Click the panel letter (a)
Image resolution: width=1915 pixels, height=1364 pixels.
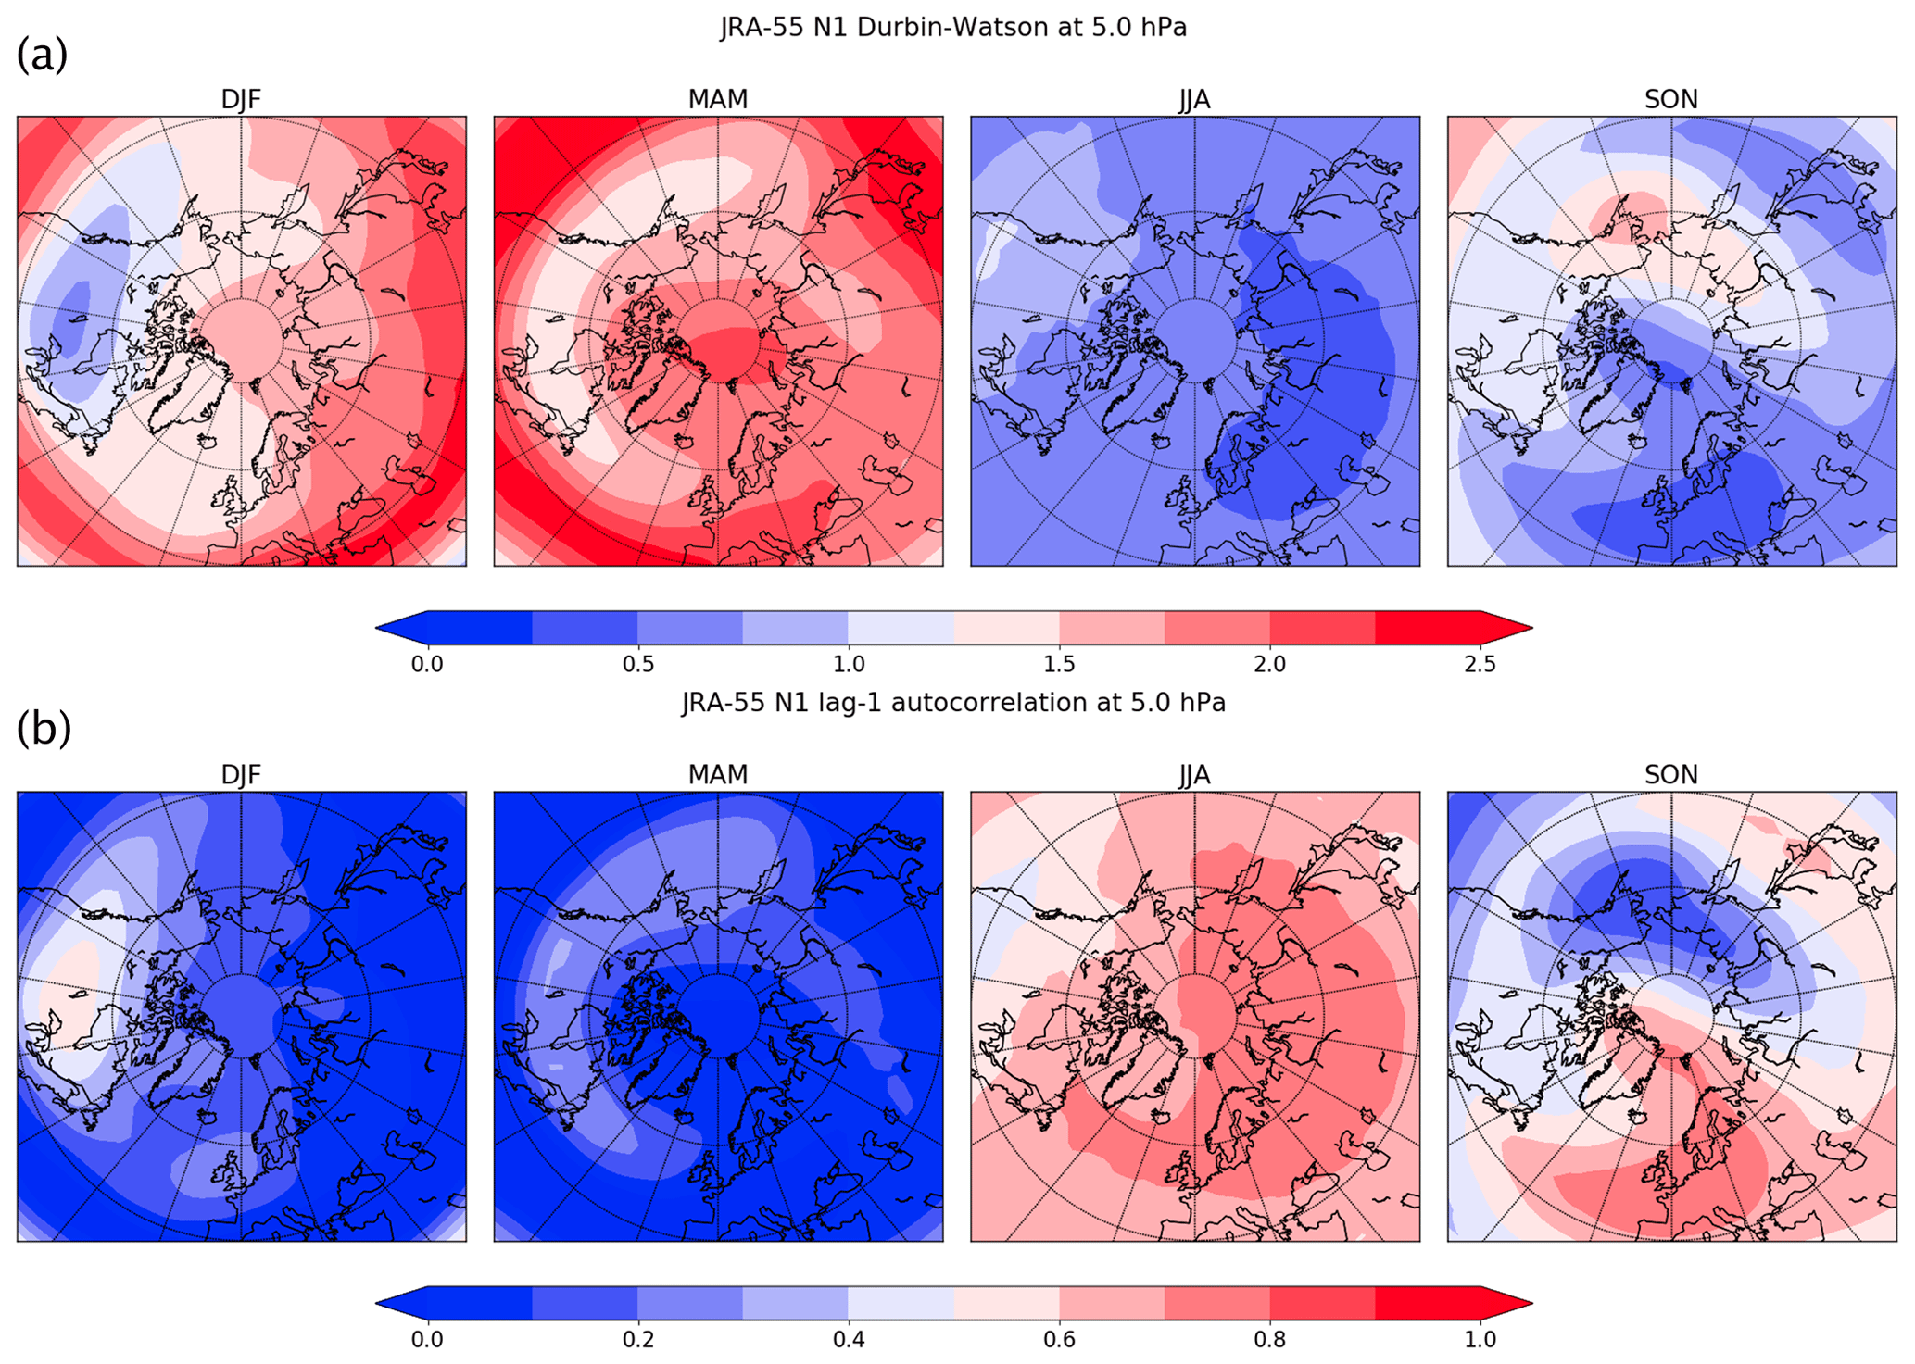[42, 56]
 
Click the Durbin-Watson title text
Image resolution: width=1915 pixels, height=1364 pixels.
[953, 28]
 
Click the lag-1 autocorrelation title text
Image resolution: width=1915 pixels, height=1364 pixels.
[953, 703]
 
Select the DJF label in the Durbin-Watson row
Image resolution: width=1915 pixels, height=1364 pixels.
[241, 99]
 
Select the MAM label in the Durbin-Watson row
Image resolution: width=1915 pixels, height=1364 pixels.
[718, 99]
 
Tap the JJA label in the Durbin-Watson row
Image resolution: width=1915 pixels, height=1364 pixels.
[1194, 99]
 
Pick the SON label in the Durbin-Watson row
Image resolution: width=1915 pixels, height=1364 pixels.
[1670, 99]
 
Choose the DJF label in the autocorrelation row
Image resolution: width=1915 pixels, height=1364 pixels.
[241, 774]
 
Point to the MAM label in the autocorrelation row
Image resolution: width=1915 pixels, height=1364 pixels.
[718, 774]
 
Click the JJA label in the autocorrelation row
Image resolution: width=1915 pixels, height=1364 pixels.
[1194, 774]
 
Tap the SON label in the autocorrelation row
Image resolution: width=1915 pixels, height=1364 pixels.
[1670, 774]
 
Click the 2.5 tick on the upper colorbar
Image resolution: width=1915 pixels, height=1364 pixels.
[1480, 664]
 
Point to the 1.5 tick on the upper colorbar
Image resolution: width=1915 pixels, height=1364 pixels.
[1059, 664]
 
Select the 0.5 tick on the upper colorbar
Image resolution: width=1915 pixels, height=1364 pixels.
[637, 664]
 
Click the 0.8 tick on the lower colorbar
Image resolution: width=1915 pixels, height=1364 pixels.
[1269, 1339]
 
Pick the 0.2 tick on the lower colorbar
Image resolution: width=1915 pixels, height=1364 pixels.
[637, 1339]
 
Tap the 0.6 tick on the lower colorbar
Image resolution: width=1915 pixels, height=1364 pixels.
[1059, 1339]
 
